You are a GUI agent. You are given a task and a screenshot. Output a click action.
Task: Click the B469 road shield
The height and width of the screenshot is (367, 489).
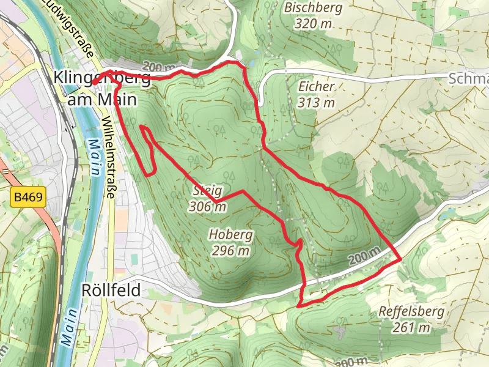click(x=28, y=198)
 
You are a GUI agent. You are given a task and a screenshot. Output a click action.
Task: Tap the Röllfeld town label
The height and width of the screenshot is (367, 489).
click(x=111, y=289)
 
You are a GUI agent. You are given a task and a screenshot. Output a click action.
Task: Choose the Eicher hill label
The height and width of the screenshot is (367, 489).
click(x=317, y=87)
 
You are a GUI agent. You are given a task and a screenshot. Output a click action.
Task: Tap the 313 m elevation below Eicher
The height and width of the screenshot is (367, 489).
click(x=317, y=102)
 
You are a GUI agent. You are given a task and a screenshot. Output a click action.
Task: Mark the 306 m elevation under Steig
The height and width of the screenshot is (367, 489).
click(x=208, y=207)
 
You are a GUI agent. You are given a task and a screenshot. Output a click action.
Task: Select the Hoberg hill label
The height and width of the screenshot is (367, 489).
click(x=230, y=235)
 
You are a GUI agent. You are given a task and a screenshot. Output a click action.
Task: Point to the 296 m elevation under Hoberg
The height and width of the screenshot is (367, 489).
click(x=230, y=250)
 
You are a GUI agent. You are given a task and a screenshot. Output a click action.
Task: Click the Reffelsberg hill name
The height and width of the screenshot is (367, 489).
click(x=411, y=312)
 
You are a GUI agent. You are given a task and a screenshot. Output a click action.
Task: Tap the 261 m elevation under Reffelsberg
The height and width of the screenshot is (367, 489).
click(x=411, y=328)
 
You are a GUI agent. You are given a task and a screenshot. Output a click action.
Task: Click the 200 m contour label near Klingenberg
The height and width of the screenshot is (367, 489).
click(x=159, y=67)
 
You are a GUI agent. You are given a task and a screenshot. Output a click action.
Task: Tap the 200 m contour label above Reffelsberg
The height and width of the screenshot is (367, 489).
click(x=365, y=256)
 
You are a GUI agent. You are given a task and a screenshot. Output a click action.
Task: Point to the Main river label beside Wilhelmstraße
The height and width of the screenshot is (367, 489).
click(x=95, y=158)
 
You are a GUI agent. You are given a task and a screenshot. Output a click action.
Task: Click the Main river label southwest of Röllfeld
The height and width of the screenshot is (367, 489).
click(x=69, y=327)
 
